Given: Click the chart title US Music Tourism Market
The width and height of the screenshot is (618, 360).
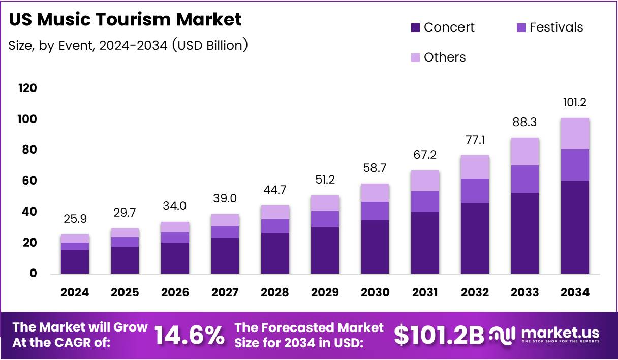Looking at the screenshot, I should [x=126, y=19].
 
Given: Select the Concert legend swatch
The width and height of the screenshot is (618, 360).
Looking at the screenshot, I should [x=415, y=27].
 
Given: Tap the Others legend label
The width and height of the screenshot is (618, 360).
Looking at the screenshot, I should [x=445, y=57].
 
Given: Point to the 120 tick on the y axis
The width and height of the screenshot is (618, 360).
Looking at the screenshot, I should [x=27, y=88].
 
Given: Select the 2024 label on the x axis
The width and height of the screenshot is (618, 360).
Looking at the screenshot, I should [x=75, y=292].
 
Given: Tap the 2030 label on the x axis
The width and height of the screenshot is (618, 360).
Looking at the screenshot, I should [x=375, y=292].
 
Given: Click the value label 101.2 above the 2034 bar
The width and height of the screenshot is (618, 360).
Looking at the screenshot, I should [x=574, y=103].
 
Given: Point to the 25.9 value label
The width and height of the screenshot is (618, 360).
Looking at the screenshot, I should [x=75, y=219].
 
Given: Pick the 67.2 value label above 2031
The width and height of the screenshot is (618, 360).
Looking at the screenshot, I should [x=425, y=155].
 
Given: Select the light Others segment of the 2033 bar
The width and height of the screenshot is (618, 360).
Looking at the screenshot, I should [x=525, y=152].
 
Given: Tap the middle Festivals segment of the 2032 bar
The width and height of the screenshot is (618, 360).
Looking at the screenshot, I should [x=475, y=191].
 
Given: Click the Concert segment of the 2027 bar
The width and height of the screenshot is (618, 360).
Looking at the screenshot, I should [x=225, y=256].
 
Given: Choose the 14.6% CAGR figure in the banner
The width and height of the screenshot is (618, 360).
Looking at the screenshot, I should [x=189, y=335].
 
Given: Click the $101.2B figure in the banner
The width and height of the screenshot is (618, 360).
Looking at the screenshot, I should [x=439, y=335].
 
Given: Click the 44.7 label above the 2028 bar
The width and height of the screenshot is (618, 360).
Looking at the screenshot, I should [x=275, y=190].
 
